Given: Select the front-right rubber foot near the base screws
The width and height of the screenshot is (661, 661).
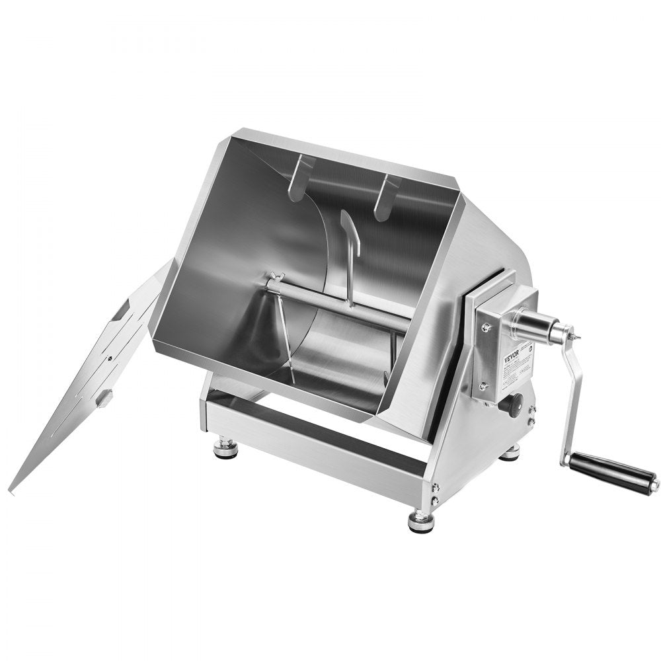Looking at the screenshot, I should (x=421, y=520).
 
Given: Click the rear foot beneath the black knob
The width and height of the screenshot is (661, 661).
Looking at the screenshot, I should (x=510, y=453).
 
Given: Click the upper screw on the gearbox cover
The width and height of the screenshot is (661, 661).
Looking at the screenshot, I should (x=486, y=326).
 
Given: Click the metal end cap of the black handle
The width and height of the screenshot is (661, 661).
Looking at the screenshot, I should (x=653, y=486).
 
